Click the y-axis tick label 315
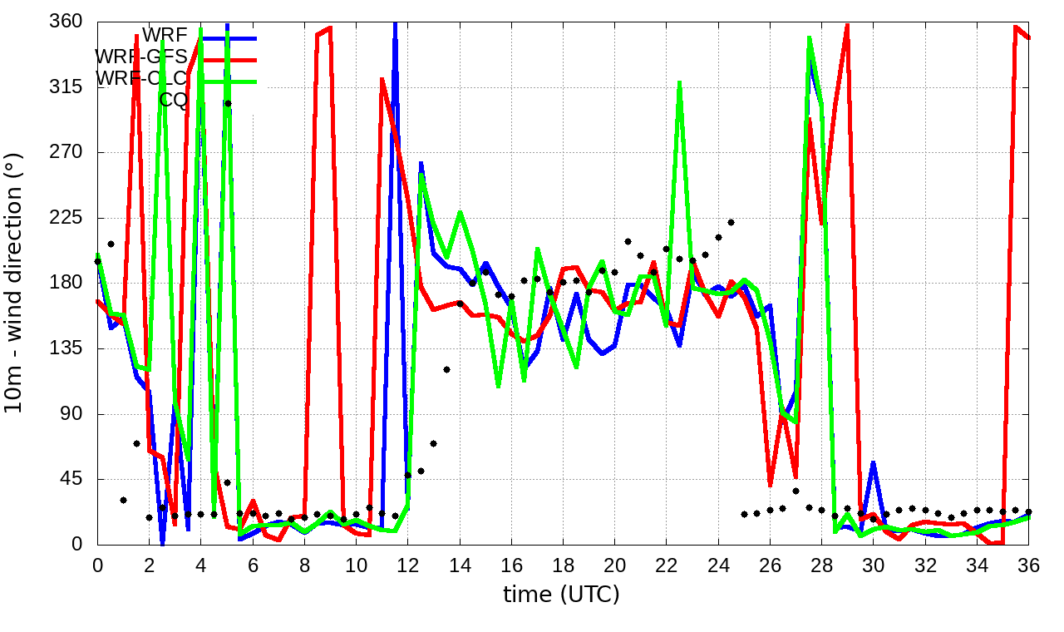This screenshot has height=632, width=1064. pyautogui.click(x=67, y=87)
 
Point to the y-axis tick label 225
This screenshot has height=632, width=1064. pyautogui.click(x=67, y=218)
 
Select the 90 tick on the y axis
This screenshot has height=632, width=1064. pyautogui.click(x=73, y=414)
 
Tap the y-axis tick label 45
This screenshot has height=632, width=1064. pyautogui.click(x=73, y=480)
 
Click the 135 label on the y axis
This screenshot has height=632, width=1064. pyautogui.click(x=67, y=348)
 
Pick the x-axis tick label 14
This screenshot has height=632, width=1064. pyautogui.click(x=460, y=565)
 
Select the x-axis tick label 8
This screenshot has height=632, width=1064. pyautogui.click(x=304, y=565)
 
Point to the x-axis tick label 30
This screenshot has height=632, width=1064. pyautogui.click(x=874, y=565)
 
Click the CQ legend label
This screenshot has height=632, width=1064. pyautogui.click(x=174, y=101)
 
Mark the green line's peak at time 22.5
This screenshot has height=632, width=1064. pyautogui.click(x=680, y=83)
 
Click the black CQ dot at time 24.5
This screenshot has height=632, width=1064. pyautogui.click(x=731, y=222)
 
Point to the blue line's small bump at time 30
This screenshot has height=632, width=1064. pyautogui.click(x=874, y=462)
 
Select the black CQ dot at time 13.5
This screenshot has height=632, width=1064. pyautogui.click(x=446, y=369)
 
